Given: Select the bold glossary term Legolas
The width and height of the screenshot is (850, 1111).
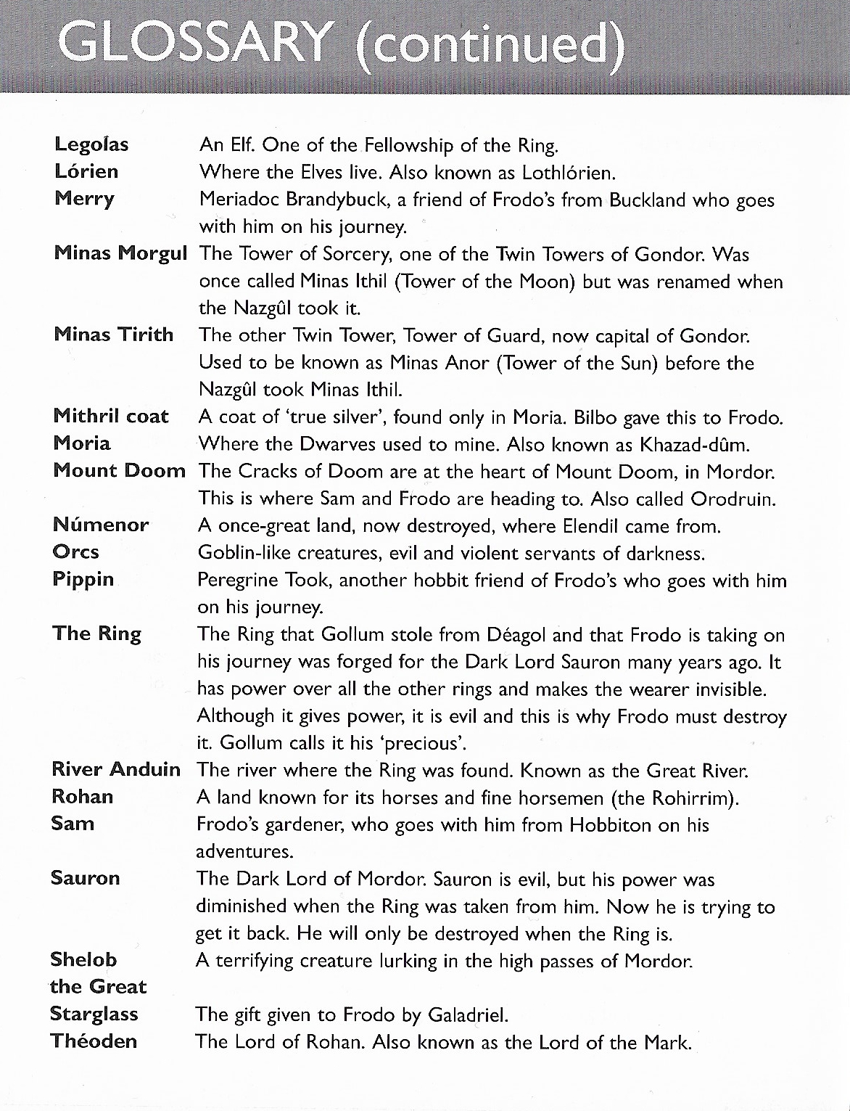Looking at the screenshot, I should point(91,144).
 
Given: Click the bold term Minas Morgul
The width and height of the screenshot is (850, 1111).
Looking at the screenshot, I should point(120,253).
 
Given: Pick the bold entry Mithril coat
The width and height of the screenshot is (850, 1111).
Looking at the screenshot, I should point(111,416).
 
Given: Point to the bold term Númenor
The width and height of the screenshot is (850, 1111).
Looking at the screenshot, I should point(101,525).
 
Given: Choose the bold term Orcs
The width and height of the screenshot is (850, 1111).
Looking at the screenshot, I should point(75,552).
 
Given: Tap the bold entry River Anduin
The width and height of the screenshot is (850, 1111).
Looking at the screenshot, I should point(116,769).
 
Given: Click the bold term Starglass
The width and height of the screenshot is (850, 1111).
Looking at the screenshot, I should point(94,1014).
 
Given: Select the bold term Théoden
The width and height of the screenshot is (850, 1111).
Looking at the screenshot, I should point(94,1041).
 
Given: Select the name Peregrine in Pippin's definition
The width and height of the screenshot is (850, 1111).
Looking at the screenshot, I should point(242,581).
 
